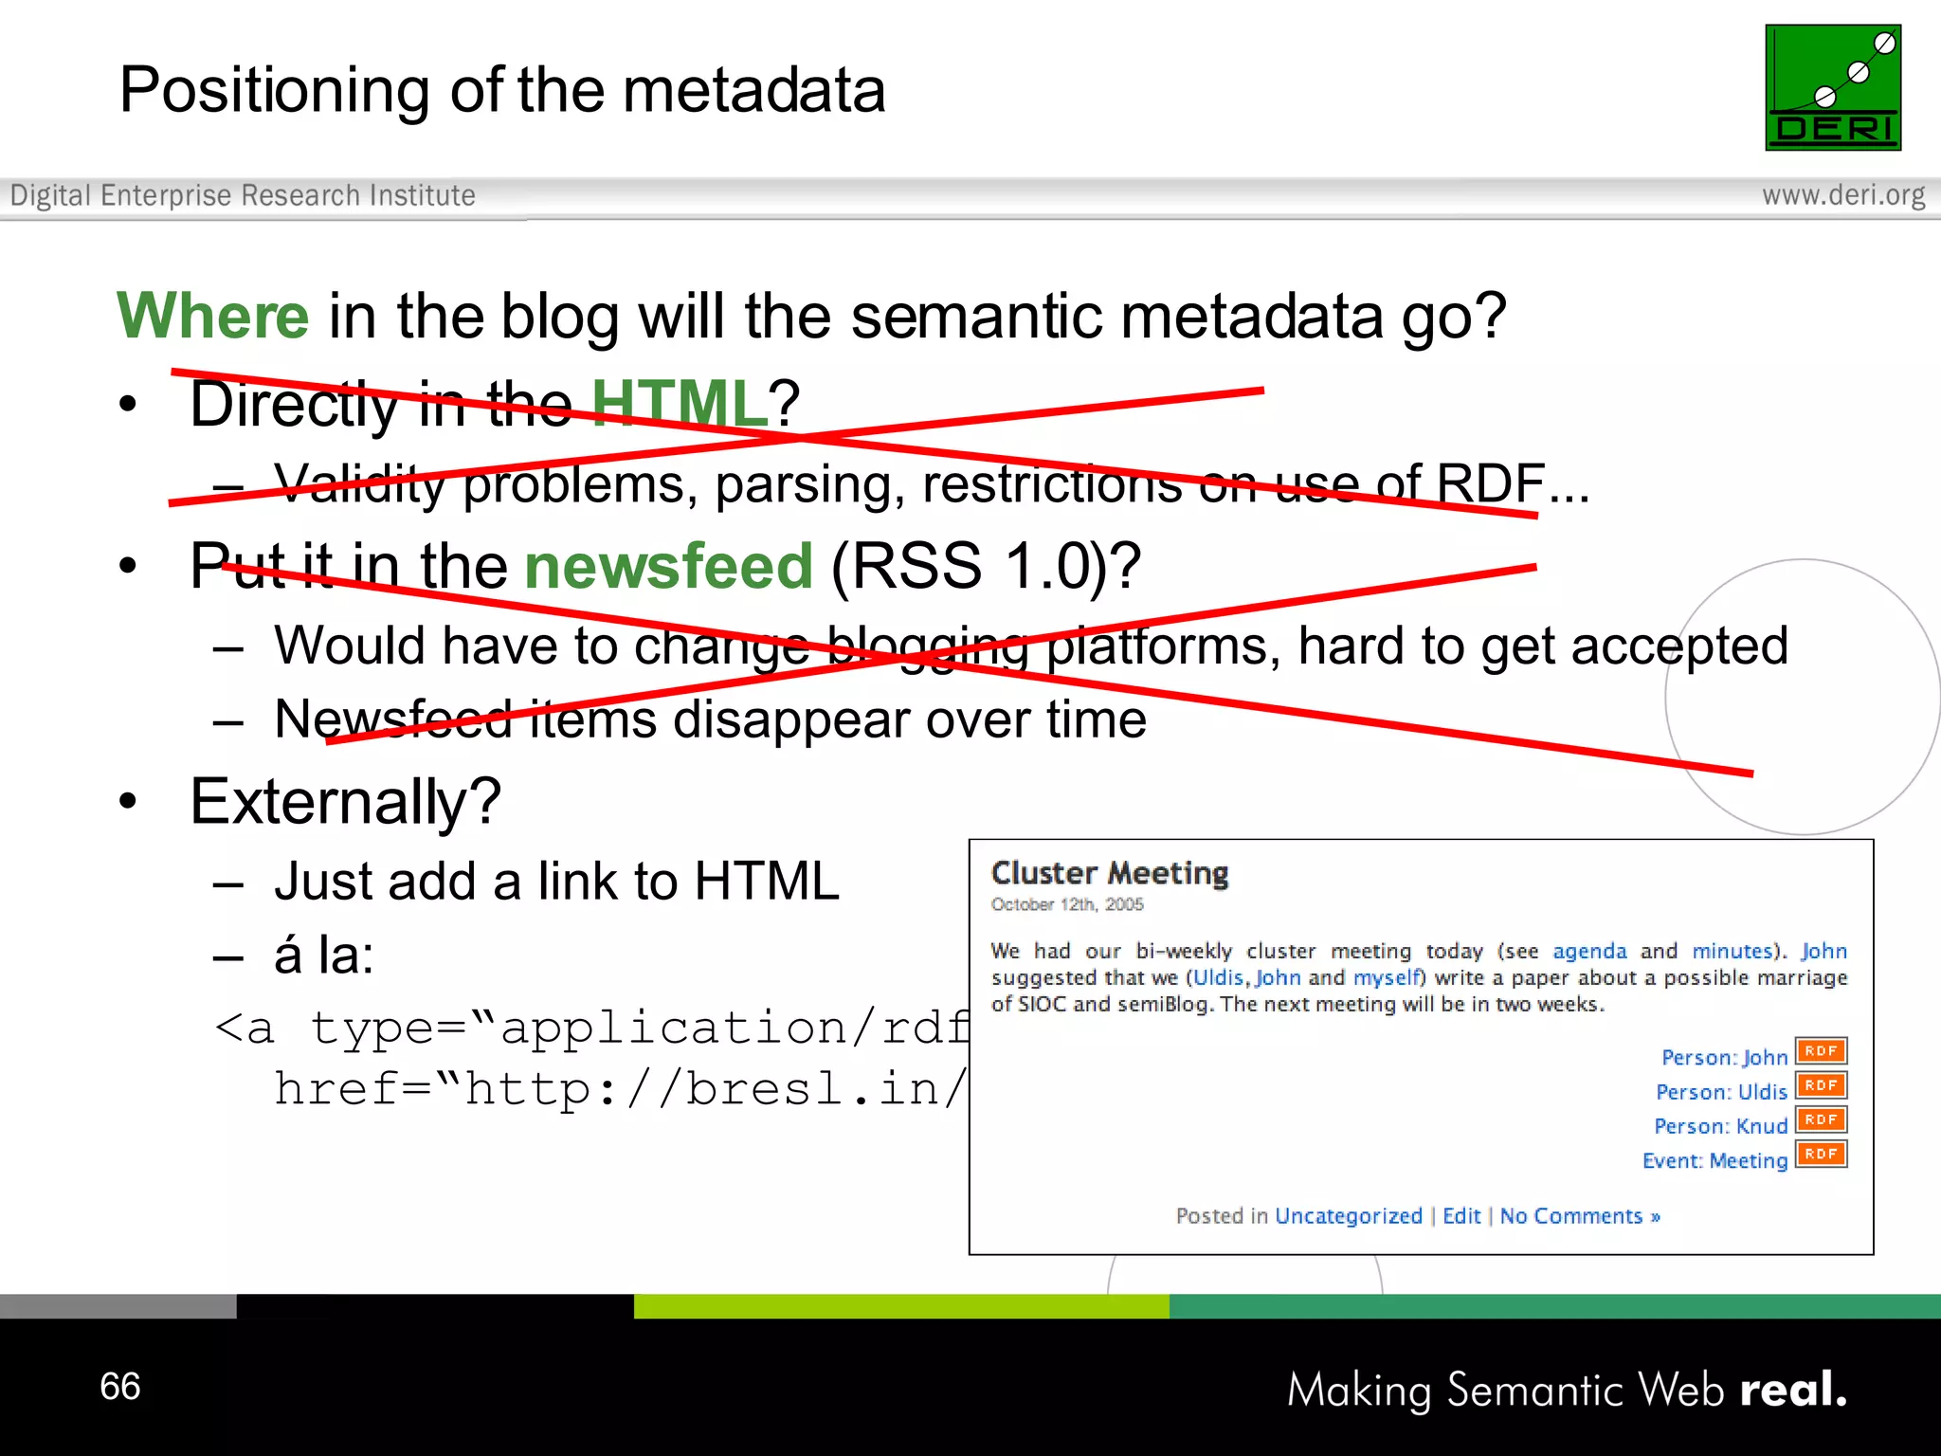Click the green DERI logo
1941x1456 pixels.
click(1833, 87)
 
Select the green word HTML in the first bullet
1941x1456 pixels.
click(680, 403)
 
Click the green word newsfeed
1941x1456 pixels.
click(668, 566)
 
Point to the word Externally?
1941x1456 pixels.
click(345, 802)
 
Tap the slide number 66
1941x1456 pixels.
click(120, 1386)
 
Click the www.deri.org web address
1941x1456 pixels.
click(1842, 195)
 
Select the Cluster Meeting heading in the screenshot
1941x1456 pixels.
click(1110, 872)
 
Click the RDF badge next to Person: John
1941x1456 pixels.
click(1821, 1051)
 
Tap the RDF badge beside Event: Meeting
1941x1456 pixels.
click(1821, 1155)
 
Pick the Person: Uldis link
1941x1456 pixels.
click(1721, 1092)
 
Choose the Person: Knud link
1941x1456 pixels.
click(1720, 1126)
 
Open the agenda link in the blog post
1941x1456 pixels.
click(1589, 951)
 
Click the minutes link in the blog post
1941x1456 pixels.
click(1732, 951)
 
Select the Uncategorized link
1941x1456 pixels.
click(1348, 1216)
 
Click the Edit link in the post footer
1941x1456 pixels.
click(1461, 1216)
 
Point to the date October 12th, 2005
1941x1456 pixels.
click(1067, 904)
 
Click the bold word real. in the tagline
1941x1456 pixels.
click(1793, 1390)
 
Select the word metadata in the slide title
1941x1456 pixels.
click(753, 90)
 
